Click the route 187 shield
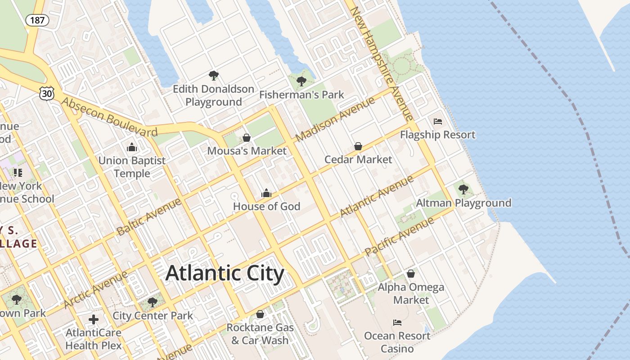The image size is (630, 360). point(37,20)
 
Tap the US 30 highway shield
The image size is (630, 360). point(47,93)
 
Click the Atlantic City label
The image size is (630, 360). point(225,273)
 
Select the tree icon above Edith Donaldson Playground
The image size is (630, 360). point(214,76)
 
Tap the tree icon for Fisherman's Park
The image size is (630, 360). point(301,81)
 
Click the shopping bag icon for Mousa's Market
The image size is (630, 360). point(247,137)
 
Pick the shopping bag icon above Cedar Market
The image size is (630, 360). point(358,146)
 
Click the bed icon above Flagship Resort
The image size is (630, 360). point(438,121)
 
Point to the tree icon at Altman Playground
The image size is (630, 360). point(463,189)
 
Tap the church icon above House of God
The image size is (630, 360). point(266,193)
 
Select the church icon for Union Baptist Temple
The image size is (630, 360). point(132,147)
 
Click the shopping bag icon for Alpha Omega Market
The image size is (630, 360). point(411,273)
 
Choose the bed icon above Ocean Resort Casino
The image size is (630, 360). point(397,322)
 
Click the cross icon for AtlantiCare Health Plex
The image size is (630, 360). point(94,319)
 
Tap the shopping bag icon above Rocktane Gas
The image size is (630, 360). point(260,314)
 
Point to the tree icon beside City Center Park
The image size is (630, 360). point(153,302)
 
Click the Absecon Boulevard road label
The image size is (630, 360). point(109,117)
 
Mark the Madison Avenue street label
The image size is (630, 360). point(335,119)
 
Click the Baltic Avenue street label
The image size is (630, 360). point(149,216)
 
